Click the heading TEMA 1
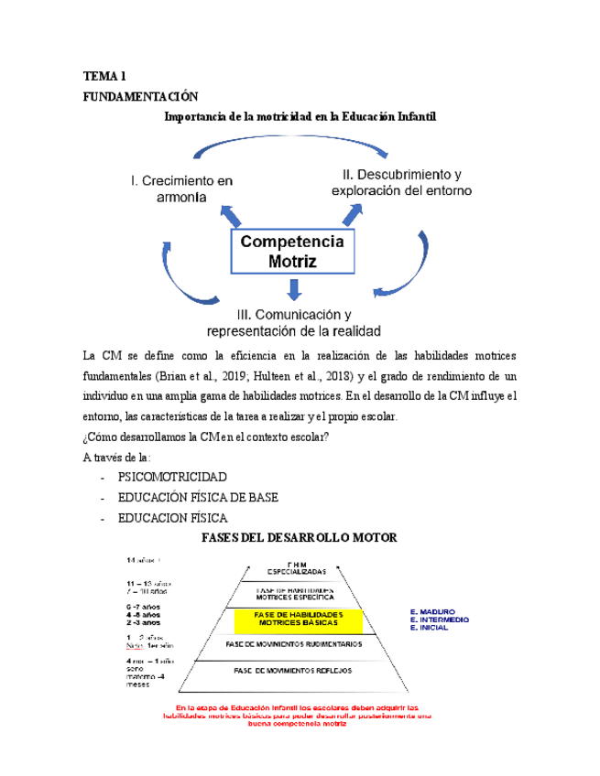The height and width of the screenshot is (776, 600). [x=104, y=75]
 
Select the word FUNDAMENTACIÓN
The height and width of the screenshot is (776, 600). [x=140, y=96]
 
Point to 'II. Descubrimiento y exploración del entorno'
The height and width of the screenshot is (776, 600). [x=401, y=182]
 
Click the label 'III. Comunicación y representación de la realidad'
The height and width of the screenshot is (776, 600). [x=295, y=321]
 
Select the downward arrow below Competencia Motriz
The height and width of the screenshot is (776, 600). [x=293, y=290]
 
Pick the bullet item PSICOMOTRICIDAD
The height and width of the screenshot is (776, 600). [x=171, y=478]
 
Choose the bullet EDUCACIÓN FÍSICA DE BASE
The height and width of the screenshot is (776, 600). [x=204, y=498]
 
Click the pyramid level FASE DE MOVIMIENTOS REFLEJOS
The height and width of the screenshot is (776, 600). [x=292, y=671]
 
